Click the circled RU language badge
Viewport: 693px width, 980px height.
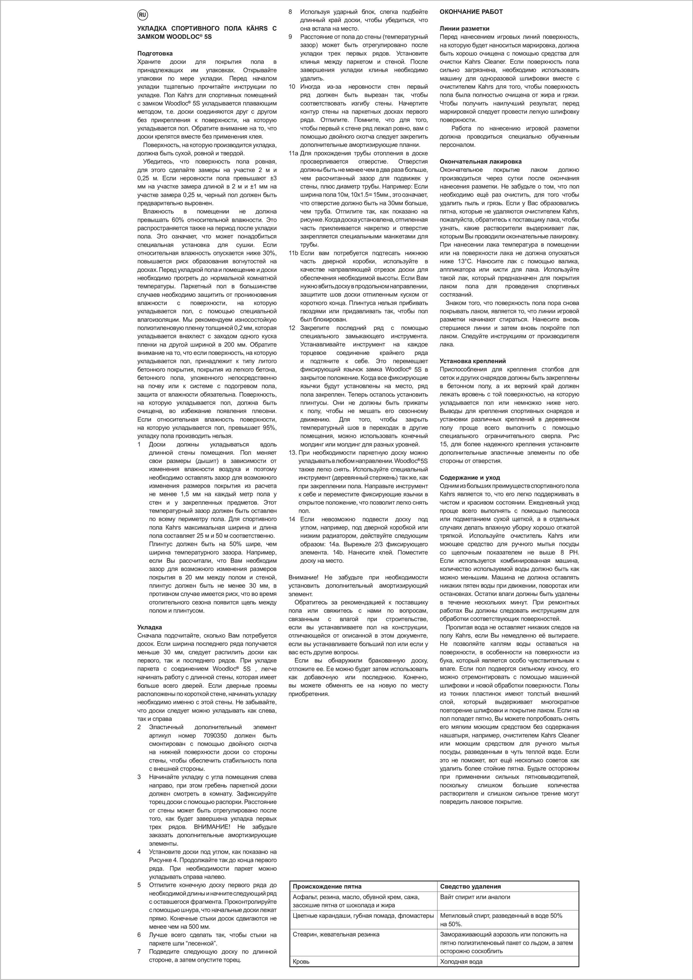142,15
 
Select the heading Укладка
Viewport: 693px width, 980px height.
149,627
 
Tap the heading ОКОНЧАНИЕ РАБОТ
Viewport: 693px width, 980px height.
471,12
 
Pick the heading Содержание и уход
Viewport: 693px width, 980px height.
470,478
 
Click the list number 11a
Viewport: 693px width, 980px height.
293,153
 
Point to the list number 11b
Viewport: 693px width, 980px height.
293,253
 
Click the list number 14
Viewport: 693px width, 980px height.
292,519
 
